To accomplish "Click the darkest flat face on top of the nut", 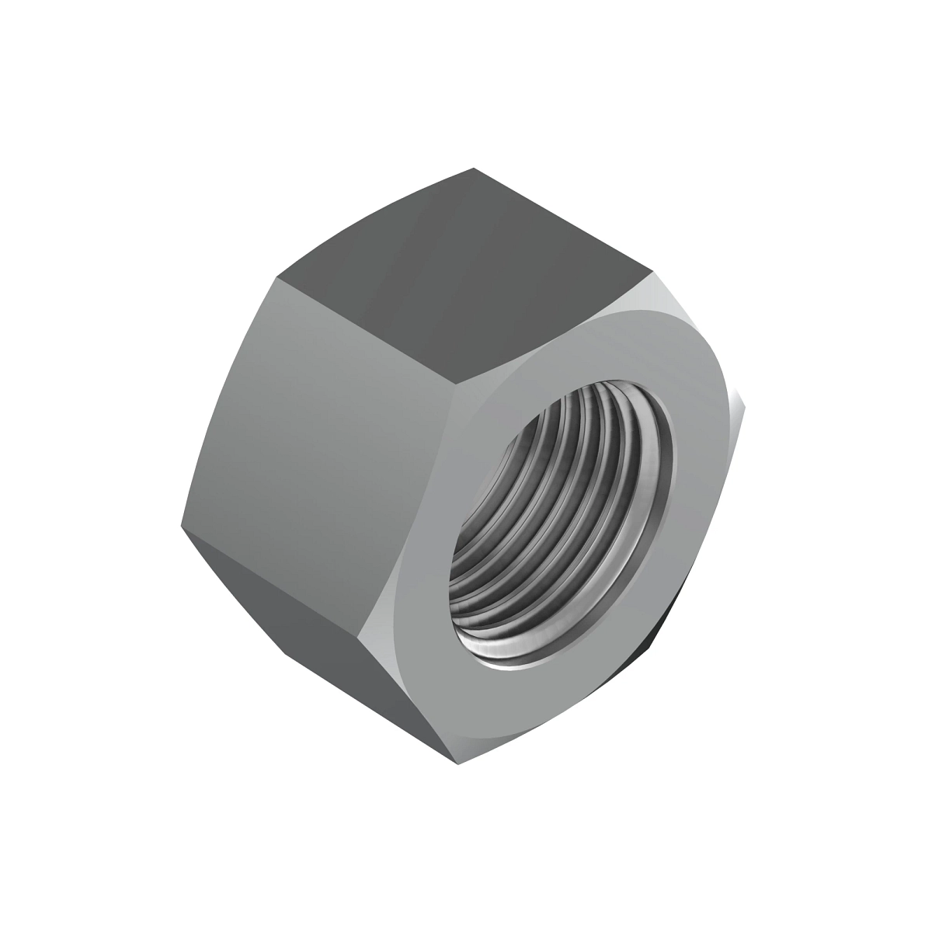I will (x=466, y=256).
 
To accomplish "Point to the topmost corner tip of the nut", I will (x=473, y=168).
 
